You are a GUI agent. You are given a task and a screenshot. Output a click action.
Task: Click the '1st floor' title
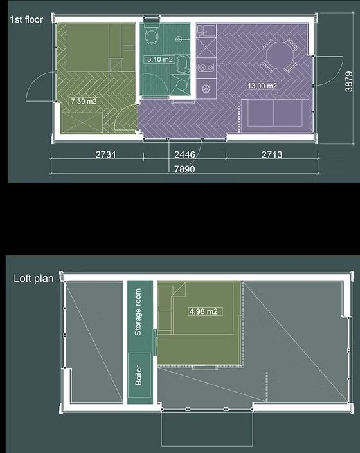(26, 20)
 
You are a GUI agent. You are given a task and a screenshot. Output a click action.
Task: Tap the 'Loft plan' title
(33, 279)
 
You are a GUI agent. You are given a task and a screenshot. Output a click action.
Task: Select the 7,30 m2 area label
(84, 102)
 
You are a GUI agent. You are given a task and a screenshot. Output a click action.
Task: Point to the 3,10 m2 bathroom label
(160, 59)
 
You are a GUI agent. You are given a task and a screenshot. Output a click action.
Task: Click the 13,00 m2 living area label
(262, 86)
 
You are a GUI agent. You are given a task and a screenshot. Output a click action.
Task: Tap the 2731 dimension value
(105, 154)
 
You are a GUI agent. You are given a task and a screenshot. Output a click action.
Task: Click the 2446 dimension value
(184, 154)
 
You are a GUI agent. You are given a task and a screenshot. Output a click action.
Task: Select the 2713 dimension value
(272, 154)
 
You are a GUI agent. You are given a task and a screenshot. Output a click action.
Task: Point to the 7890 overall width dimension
(184, 169)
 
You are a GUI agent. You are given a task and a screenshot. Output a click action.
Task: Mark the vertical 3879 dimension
(349, 82)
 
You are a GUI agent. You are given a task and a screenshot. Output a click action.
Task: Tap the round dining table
(280, 56)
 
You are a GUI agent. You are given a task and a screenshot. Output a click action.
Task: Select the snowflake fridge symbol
(206, 89)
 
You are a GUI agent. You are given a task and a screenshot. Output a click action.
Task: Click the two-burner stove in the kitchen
(206, 68)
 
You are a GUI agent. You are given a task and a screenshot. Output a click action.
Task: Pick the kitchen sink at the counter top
(206, 31)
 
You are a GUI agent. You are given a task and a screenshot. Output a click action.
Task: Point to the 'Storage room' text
(138, 312)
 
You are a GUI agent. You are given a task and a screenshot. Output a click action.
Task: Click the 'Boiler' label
(139, 375)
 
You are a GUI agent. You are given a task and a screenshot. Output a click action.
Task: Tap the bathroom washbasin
(182, 64)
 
